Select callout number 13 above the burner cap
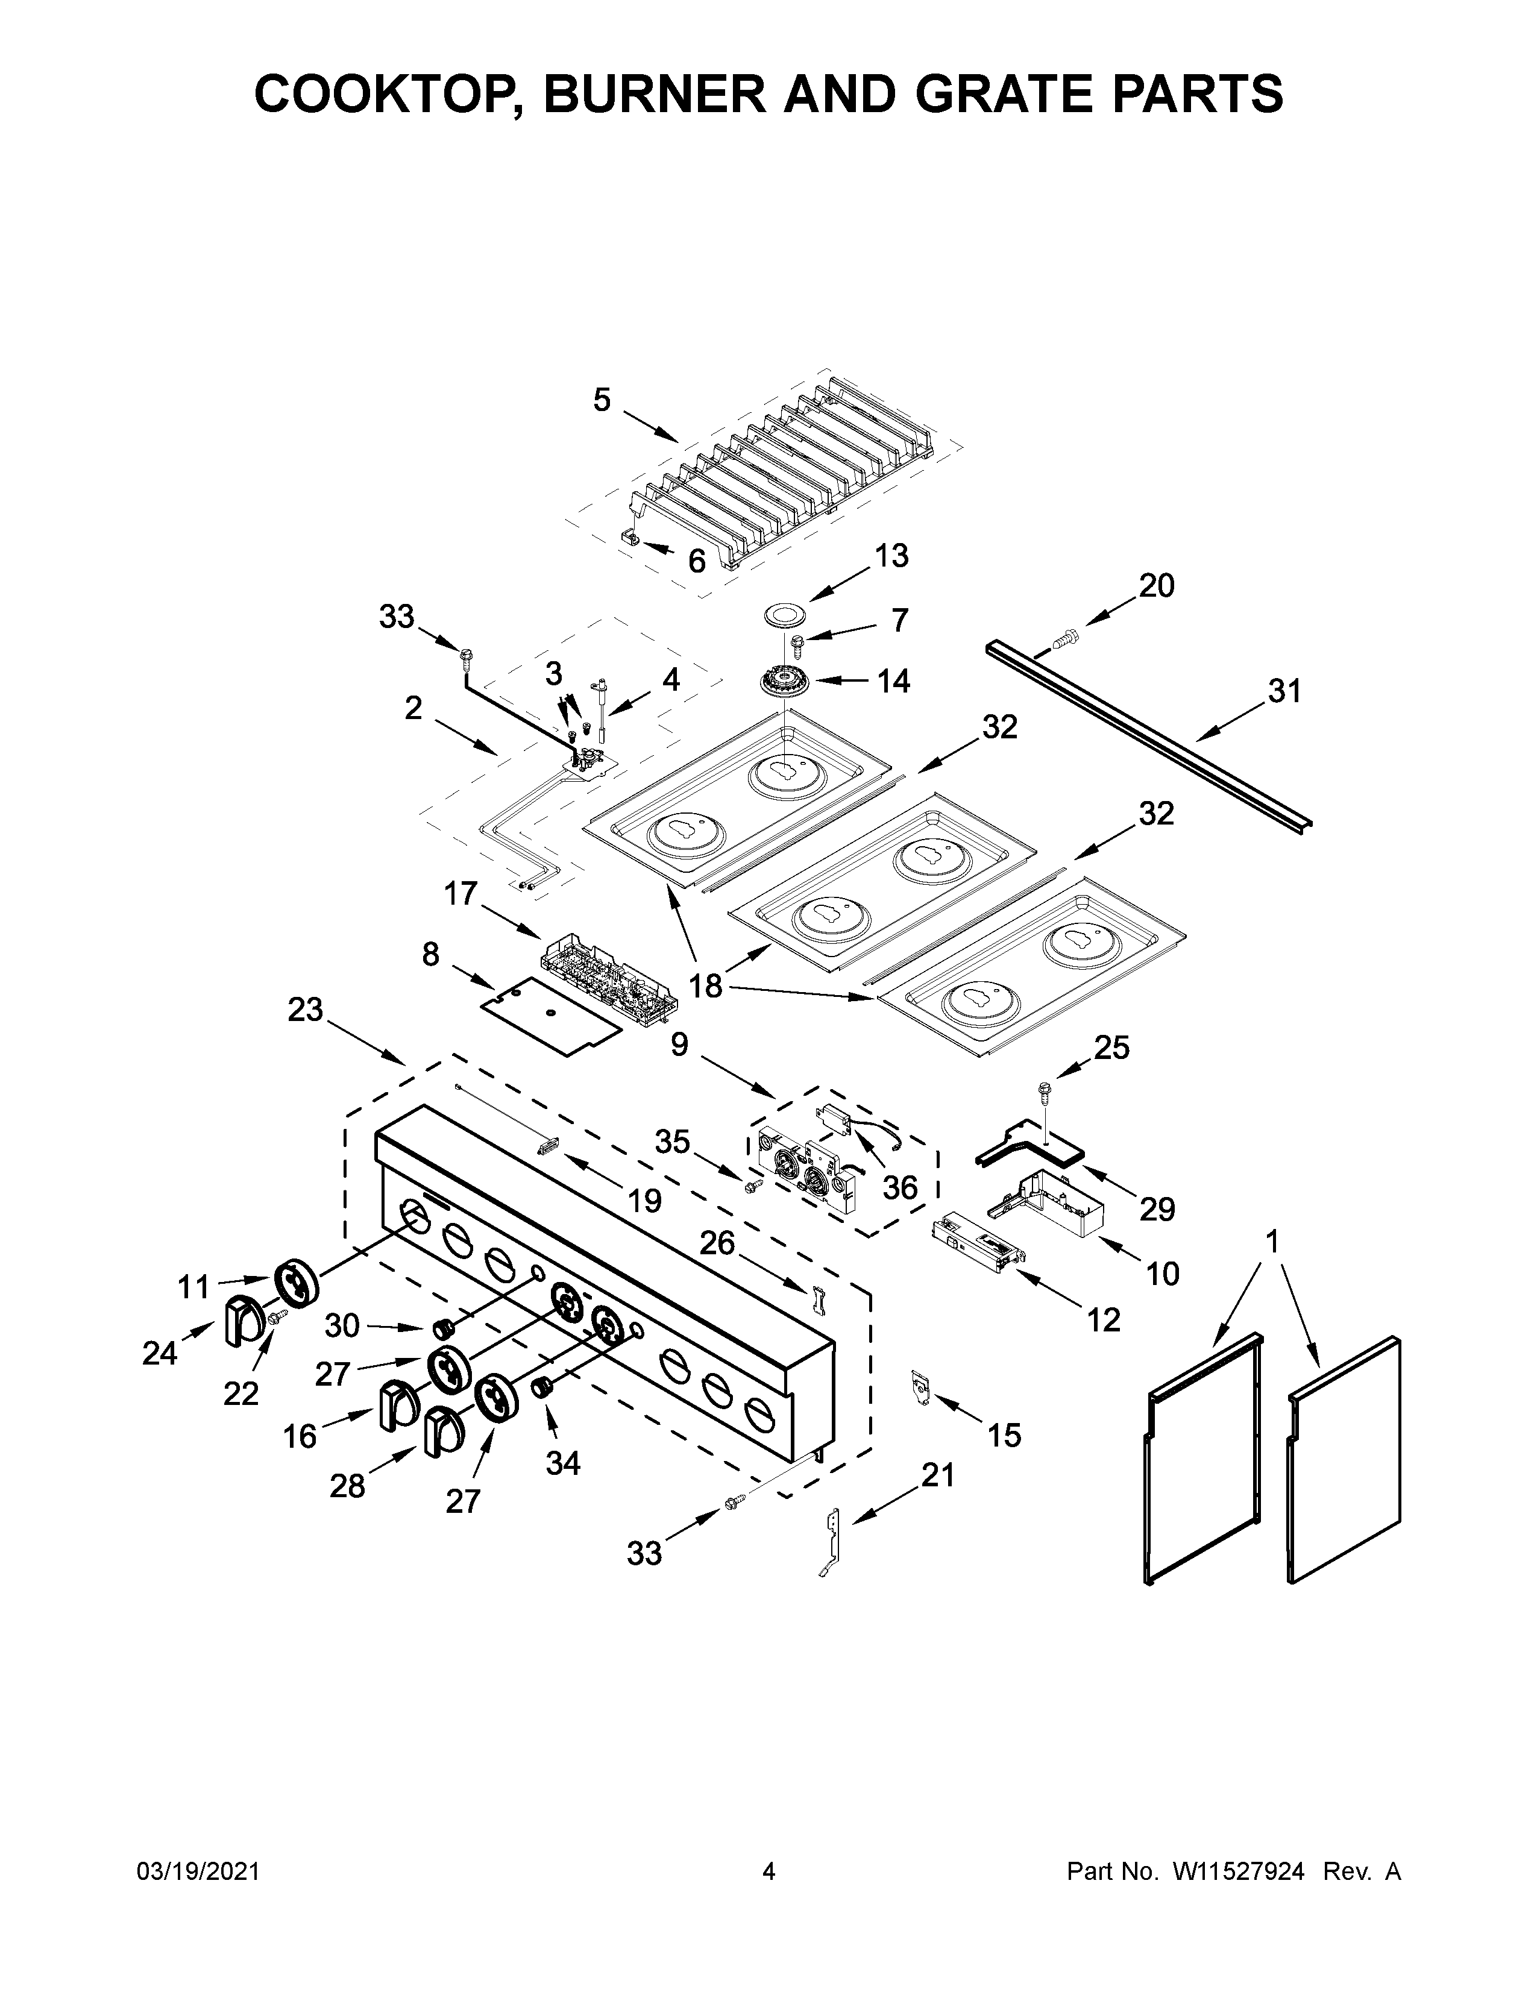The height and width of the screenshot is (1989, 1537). pyautogui.click(x=891, y=556)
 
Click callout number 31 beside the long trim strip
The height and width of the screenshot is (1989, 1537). pyautogui.click(x=1284, y=691)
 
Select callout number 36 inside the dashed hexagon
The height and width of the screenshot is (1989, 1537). pyautogui.click(x=900, y=1187)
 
